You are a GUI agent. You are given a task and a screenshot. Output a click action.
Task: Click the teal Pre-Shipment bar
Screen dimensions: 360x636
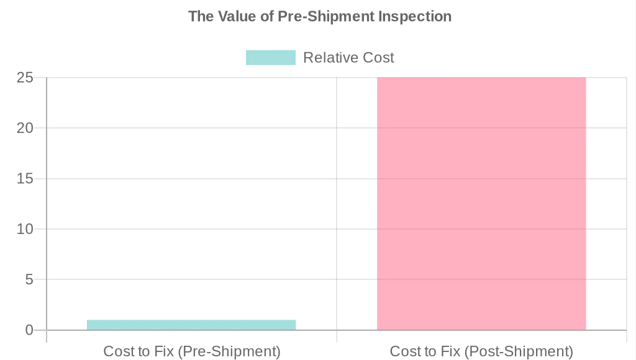click(191, 325)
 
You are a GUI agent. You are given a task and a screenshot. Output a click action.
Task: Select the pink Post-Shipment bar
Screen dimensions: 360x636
click(481, 204)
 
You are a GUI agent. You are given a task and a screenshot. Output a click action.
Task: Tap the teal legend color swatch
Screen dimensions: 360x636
click(271, 58)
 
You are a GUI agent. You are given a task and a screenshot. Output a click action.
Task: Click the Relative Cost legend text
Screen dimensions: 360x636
click(348, 58)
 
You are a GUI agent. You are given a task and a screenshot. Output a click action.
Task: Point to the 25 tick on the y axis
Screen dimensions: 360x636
click(25, 78)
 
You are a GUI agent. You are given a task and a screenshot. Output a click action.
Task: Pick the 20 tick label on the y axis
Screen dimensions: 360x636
click(25, 128)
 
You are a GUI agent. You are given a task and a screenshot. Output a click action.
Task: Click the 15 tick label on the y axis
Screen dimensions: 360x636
click(25, 179)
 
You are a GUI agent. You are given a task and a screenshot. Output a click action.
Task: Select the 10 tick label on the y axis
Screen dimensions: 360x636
click(25, 229)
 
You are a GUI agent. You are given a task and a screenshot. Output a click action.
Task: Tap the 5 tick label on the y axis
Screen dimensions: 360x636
click(29, 279)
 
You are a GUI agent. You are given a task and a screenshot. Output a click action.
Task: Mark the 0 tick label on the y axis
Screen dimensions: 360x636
click(29, 330)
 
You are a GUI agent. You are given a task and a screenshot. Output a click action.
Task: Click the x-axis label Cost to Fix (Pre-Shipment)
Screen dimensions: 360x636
click(191, 351)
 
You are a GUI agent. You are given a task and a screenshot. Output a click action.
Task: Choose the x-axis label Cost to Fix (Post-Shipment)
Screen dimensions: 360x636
click(481, 351)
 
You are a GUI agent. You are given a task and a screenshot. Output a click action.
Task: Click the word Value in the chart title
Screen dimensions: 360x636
click(238, 16)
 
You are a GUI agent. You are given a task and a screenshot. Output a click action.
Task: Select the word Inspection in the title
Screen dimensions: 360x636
click(416, 16)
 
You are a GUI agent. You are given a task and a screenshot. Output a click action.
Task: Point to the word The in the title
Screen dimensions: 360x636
click(201, 16)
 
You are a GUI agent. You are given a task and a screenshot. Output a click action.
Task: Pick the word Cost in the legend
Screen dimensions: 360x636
click(376, 58)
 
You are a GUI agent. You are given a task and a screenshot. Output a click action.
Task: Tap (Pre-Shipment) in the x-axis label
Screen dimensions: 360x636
click(229, 351)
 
